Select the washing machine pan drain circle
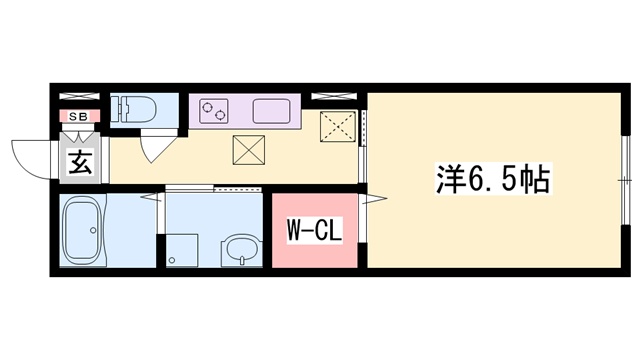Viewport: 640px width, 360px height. click(173, 261)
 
